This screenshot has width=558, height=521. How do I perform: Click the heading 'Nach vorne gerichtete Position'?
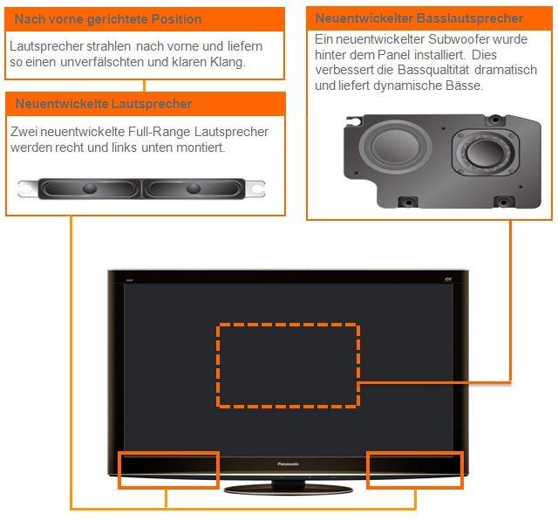(108, 19)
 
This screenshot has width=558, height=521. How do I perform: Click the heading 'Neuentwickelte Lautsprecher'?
(104, 104)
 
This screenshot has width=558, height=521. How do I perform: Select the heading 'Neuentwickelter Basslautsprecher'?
(419, 18)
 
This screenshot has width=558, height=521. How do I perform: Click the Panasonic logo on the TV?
(288, 464)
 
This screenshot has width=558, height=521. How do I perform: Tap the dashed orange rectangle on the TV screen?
(288, 366)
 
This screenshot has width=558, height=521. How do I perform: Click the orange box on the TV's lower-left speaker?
(168, 470)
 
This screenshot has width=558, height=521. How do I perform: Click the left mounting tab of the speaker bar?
(27, 188)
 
